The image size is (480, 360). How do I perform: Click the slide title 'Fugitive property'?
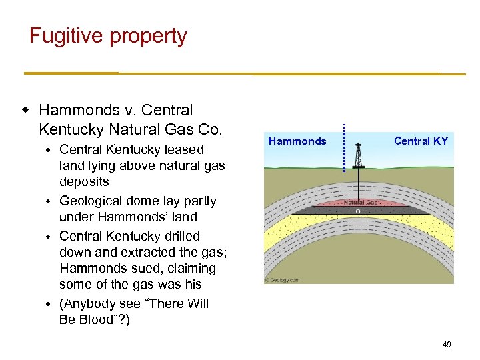(108, 36)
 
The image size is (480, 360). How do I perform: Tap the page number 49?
(446, 344)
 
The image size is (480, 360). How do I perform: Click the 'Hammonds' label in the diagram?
(297, 141)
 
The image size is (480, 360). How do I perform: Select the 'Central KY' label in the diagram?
(421, 141)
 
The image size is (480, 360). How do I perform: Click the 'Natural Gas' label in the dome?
(361, 202)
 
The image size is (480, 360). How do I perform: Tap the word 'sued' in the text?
(137, 269)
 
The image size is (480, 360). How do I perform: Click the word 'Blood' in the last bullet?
(95, 319)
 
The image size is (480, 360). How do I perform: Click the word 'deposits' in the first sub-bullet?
(84, 182)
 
